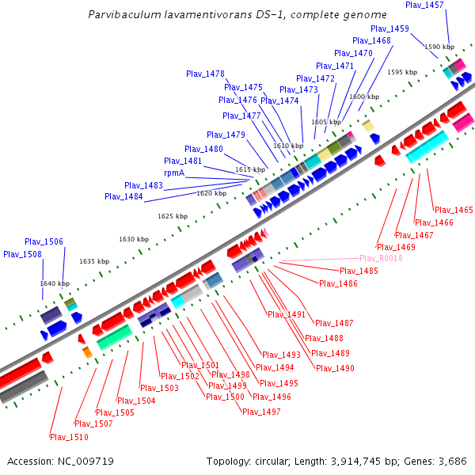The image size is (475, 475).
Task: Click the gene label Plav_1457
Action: coord(424,5)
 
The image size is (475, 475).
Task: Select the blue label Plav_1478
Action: coord(206,74)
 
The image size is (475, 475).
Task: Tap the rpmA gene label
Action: coord(174,173)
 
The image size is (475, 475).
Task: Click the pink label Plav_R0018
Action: coord(381,258)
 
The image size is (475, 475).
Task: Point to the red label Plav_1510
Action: coord(69,437)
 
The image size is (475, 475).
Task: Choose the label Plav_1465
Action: coord(454,210)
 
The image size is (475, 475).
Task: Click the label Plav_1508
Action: coord(22,254)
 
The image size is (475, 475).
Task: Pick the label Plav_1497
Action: coord(261,412)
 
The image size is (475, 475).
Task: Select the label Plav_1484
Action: coord(123,196)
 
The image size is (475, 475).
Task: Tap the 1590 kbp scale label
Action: coord(439,47)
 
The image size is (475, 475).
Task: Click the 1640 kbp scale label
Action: coord(55,283)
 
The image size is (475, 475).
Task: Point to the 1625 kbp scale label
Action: coord(173,216)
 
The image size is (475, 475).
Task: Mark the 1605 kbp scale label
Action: coord(326,122)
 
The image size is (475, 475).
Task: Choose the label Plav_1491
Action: coord(287,314)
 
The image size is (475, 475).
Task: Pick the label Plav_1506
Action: coord(44,241)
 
